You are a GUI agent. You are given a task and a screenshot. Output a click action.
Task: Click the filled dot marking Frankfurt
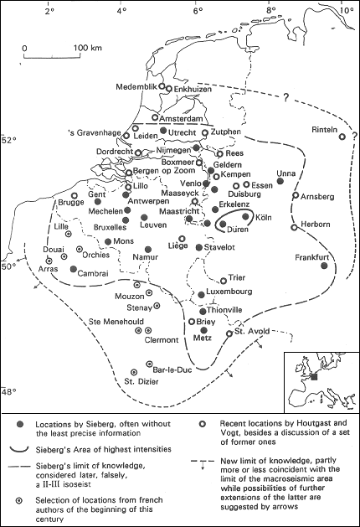pyautogui.click(x=324, y=266)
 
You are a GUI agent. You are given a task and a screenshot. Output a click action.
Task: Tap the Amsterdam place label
pyautogui.click(x=181, y=119)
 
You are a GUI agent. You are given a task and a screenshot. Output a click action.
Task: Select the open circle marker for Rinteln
pyautogui.click(x=342, y=137)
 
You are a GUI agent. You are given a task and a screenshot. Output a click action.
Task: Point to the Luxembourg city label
pyautogui.click(x=229, y=292)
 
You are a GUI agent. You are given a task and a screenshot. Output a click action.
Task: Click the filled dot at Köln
pyautogui.click(x=246, y=216)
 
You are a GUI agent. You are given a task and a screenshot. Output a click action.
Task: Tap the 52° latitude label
pyautogui.click(x=10, y=139)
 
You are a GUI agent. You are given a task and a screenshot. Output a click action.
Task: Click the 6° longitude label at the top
pyautogui.click(x=198, y=10)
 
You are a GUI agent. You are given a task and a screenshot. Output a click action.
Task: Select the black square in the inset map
pyautogui.click(x=314, y=377)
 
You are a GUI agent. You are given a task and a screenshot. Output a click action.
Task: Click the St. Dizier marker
pyautogui.click(x=134, y=372)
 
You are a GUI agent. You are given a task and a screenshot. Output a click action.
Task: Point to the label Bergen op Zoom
pyautogui.click(x=164, y=170)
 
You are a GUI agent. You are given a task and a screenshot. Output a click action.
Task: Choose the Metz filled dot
pyautogui.click(x=203, y=330)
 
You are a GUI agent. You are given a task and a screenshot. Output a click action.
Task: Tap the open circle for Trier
pyautogui.click(x=224, y=281)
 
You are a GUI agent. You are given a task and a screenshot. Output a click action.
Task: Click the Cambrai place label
pyautogui.click(x=93, y=274)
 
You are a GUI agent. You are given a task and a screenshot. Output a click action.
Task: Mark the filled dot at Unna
pyautogui.click(x=280, y=181)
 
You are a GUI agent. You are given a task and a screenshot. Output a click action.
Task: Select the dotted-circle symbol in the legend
pyautogui.click(x=20, y=501)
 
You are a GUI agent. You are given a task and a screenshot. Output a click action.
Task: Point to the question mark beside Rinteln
pyautogui.click(x=354, y=136)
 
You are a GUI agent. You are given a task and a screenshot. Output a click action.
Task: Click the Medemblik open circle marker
pyautogui.click(x=162, y=86)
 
